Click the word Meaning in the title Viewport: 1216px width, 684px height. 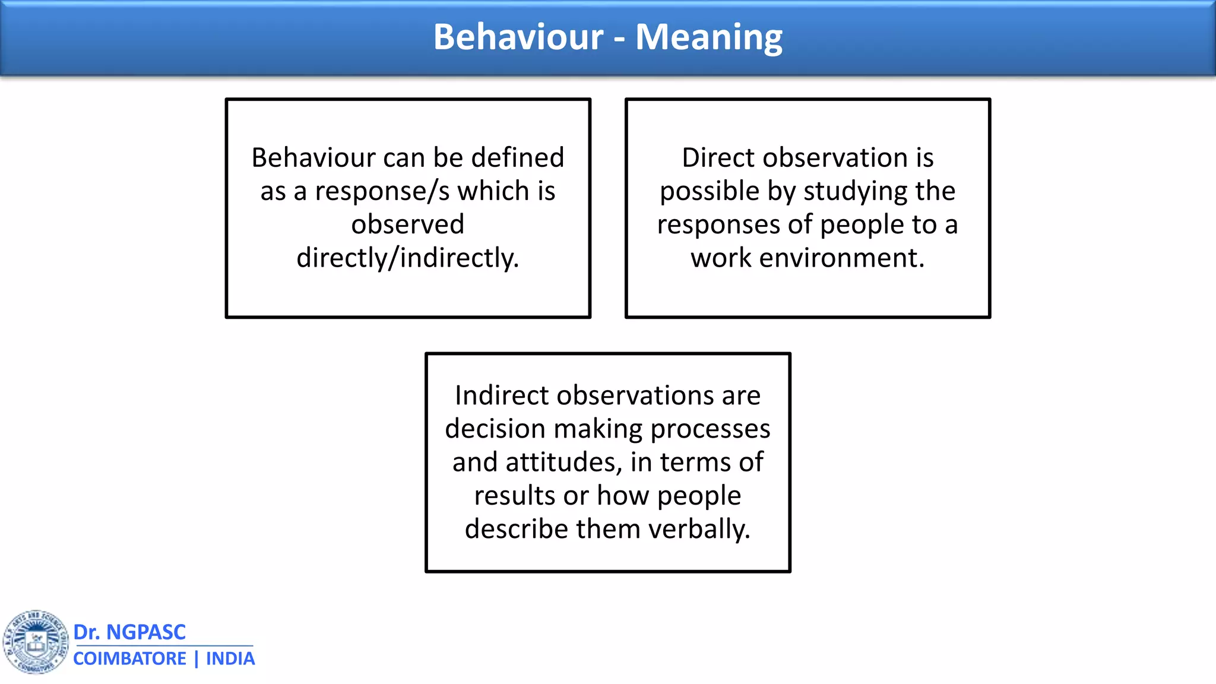(709, 37)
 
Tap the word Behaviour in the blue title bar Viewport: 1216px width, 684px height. (518, 37)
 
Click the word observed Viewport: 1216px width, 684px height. (408, 224)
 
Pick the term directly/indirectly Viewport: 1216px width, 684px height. (408, 258)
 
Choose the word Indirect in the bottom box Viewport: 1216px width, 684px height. (502, 395)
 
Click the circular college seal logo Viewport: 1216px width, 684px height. (36, 642)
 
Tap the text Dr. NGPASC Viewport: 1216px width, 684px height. (129, 632)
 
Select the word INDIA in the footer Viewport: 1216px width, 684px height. (230, 659)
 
